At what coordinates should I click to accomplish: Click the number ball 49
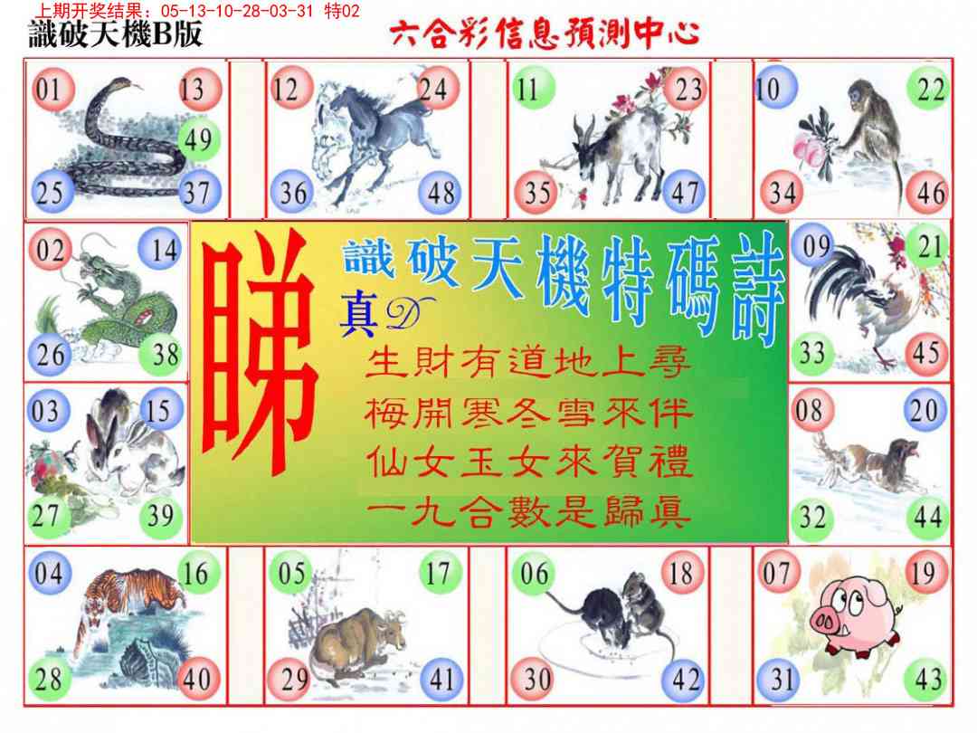click(x=199, y=139)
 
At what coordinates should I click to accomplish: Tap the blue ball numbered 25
click(x=51, y=191)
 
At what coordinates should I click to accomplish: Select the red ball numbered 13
click(x=199, y=89)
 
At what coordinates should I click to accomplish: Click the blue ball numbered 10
click(x=775, y=87)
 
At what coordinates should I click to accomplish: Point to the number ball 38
click(x=166, y=355)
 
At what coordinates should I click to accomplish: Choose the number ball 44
click(x=927, y=517)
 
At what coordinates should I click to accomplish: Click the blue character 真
click(x=358, y=316)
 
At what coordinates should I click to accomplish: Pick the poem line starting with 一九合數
click(x=528, y=512)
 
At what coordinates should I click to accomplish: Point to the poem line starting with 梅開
click(x=528, y=413)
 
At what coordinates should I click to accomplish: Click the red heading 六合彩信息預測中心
click(x=545, y=33)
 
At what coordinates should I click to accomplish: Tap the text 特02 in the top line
click(x=342, y=11)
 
